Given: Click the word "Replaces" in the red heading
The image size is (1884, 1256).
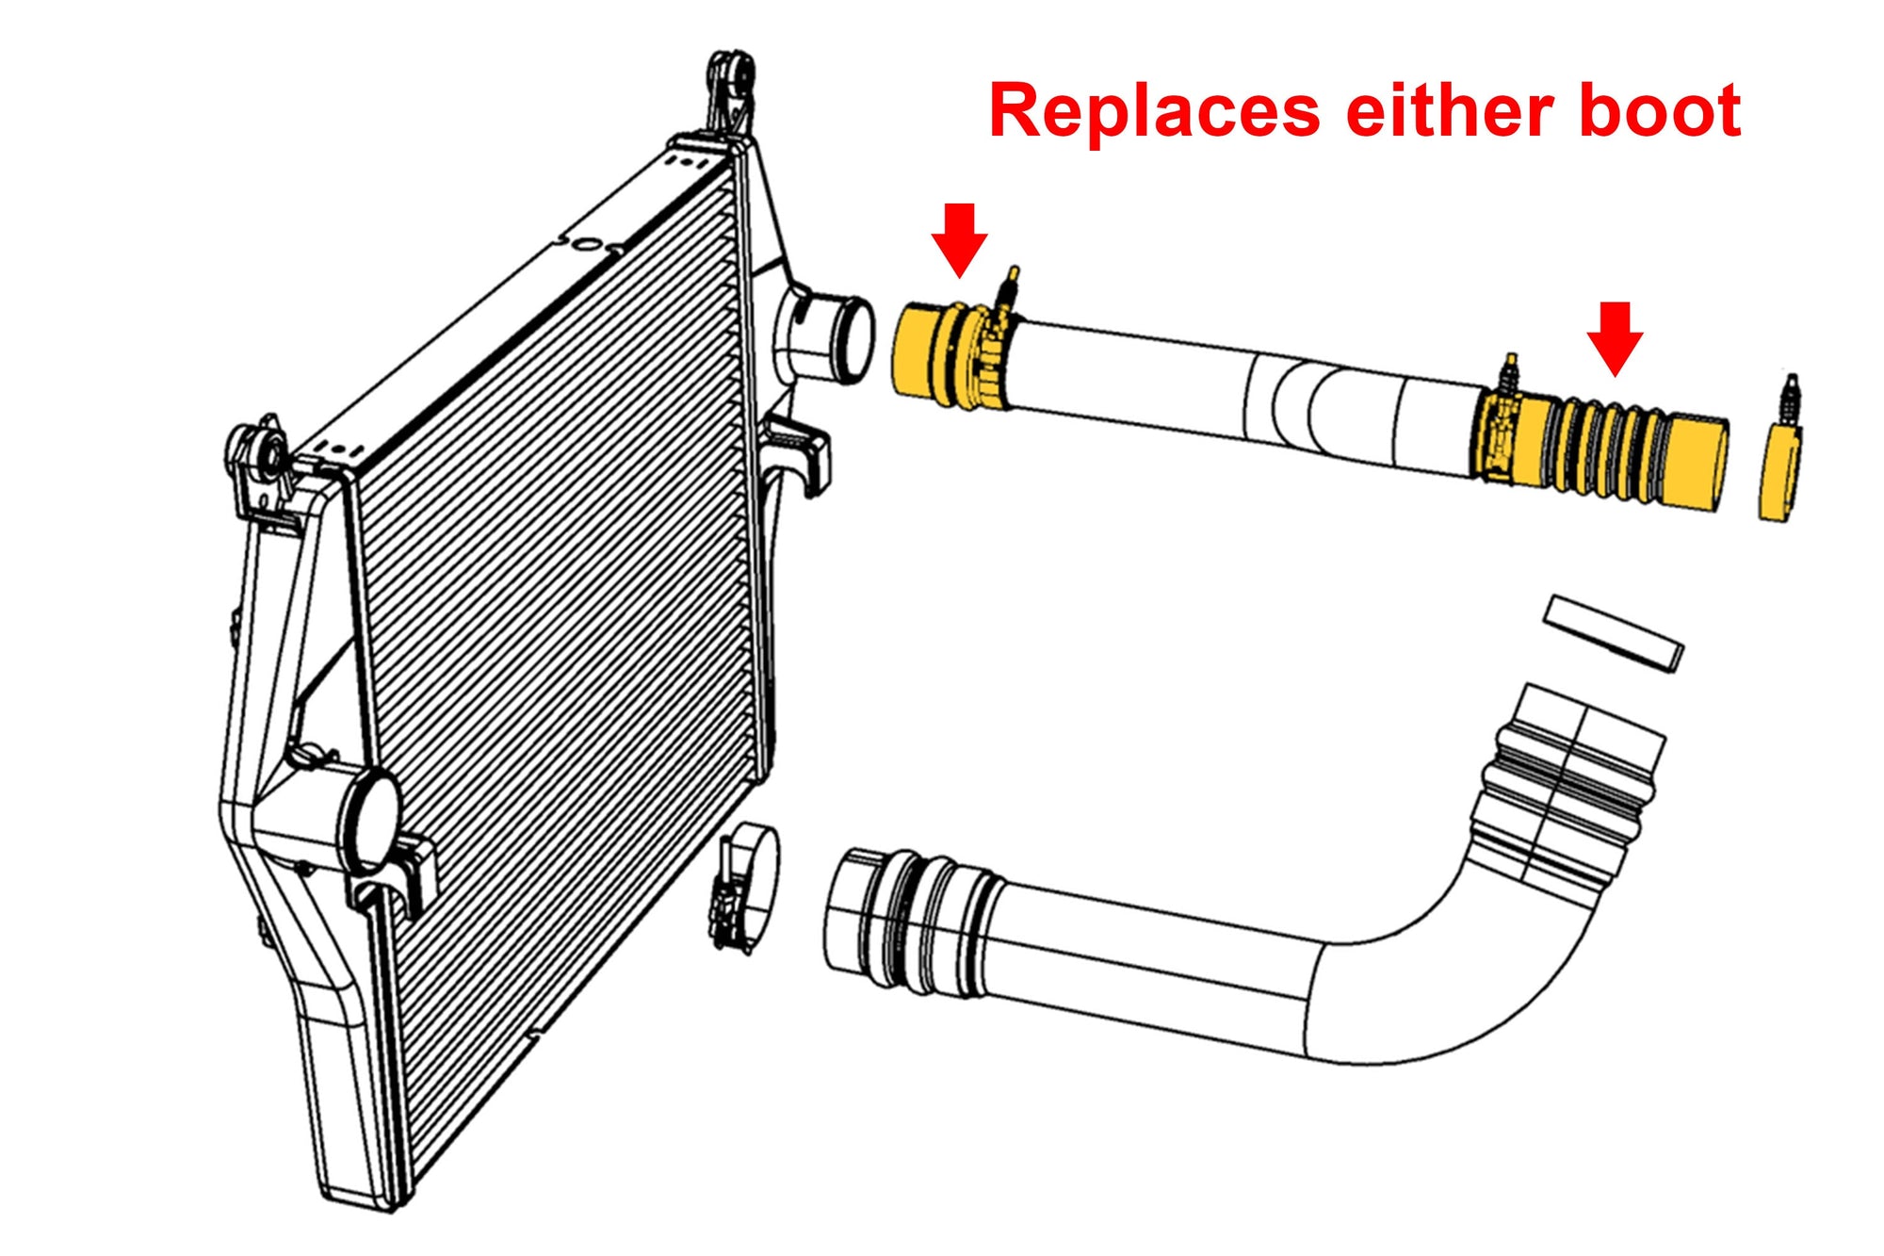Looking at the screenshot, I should pos(1154,111).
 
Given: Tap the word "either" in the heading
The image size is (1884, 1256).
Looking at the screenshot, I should pos(1451,111).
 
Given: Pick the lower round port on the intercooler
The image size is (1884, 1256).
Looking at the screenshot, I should pos(369,819).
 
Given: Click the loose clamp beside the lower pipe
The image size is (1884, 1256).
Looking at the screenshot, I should pos(749,885).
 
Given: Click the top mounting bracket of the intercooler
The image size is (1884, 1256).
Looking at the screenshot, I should pos(730,90).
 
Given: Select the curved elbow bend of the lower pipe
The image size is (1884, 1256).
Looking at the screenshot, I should pos(1470,980).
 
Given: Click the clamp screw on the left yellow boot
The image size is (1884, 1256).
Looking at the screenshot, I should pos(1008,287).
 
